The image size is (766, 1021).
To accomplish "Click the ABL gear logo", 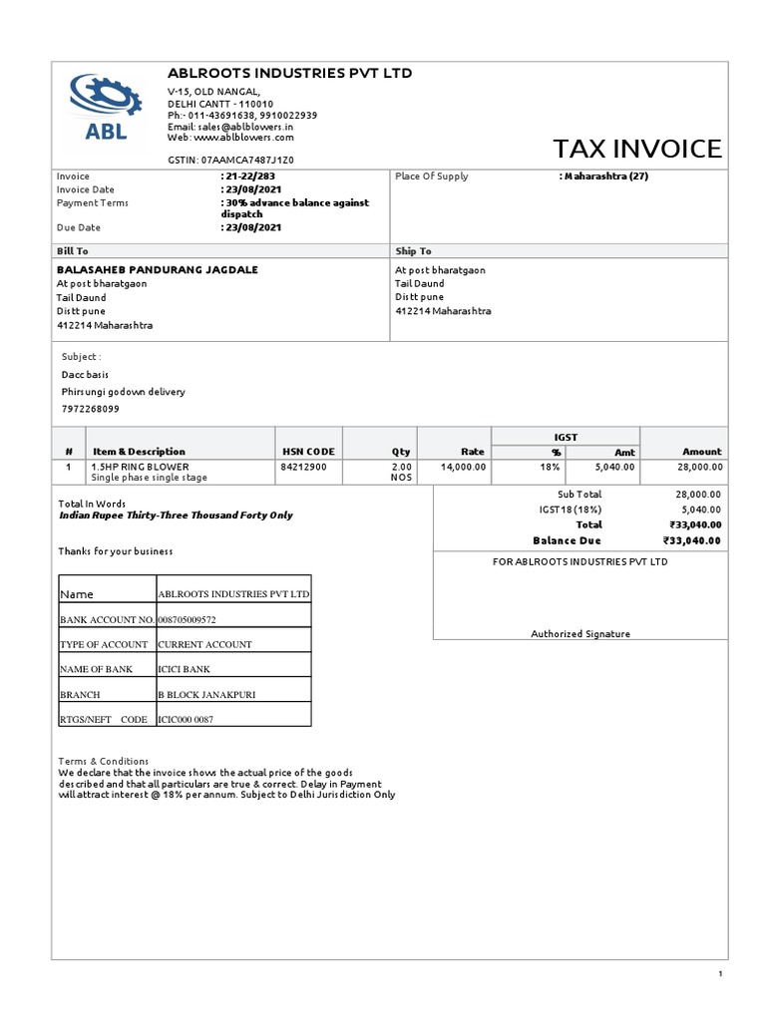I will [99, 107].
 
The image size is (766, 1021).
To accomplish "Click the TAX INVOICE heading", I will [636, 149].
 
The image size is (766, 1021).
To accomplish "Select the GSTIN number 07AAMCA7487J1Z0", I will [247, 160].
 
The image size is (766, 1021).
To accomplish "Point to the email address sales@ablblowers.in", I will [246, 128].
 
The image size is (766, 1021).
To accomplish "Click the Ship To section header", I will [413, 251].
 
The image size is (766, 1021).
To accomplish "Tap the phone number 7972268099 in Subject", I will [90, 409].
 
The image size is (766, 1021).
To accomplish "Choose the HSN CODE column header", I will [308, 452].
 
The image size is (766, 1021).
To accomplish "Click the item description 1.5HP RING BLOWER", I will [140, 467].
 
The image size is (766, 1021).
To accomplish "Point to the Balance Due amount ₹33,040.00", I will [691, 540].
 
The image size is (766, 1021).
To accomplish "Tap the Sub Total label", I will [579, 495].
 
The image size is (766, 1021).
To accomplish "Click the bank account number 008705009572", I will [187, 619].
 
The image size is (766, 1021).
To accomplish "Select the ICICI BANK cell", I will [185, 669].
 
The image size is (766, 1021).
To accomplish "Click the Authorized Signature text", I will [579, 633].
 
